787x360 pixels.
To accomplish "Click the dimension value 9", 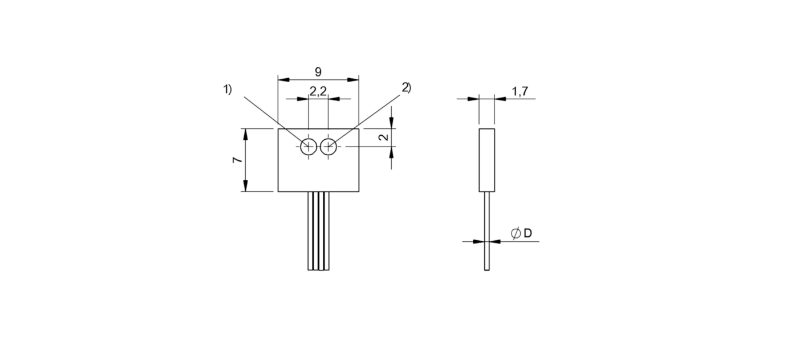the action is tap(318, 72).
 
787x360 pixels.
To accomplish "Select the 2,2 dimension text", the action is tap(318, 91).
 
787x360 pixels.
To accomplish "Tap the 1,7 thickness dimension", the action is tap(520, 91).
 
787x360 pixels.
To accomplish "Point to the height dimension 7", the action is tap(238, 159).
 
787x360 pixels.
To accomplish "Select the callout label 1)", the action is tap(228, 90).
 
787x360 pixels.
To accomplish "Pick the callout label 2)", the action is tap(407, 87).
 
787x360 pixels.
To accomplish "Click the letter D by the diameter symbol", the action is tap(528, 233).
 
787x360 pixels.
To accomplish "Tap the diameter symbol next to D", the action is tap(516, 233).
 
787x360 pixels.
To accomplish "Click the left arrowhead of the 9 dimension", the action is tap(283, 80).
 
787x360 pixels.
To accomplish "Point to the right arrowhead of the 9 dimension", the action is tap(353, 80).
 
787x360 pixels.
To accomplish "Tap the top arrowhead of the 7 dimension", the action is tap(245, 135).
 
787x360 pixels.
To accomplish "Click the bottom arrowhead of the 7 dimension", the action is tap(245, 185).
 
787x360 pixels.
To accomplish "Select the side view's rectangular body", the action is tap(487, 160).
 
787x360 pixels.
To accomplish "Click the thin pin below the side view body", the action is tap(487, 231).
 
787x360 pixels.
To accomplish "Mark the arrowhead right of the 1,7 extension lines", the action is tap(501, 99).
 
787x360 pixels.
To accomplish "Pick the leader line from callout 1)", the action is tap(276, 122).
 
